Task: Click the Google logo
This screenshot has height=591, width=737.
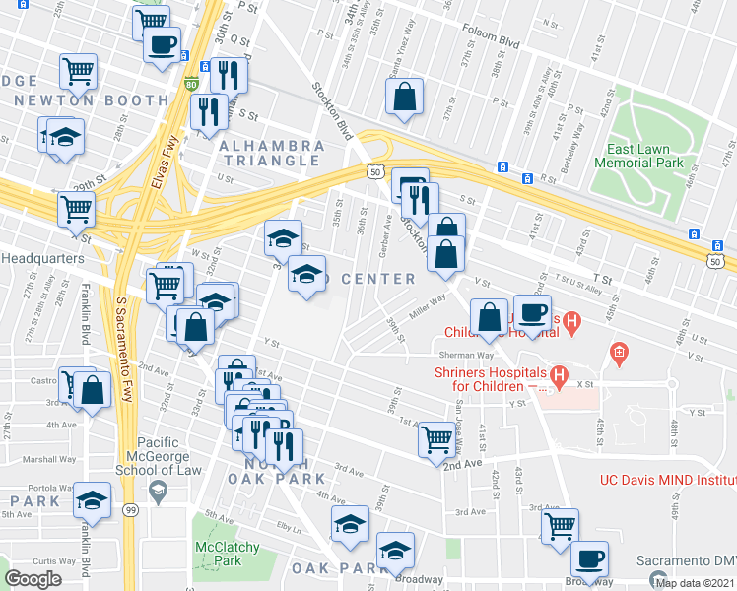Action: coord(33,579)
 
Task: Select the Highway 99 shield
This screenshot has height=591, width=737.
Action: coord(130,510)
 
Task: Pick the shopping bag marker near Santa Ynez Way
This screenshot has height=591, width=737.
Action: coord(405,98)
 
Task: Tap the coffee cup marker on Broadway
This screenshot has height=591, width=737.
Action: coord(589,559)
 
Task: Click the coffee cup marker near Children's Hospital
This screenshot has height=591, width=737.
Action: coord(533,313)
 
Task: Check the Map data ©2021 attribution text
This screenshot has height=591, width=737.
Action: coord(696,582)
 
